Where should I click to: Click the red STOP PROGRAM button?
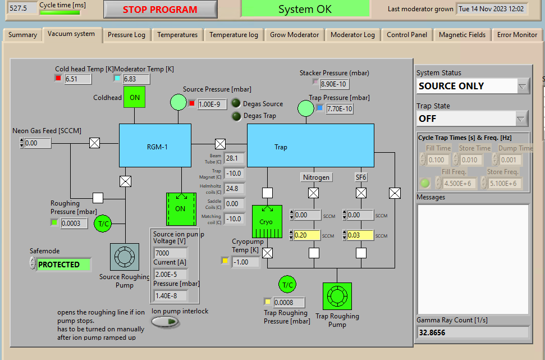[160, 10]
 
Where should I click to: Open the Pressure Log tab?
[126, 35]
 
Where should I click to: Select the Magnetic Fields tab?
[462, 35]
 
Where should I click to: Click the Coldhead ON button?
[135, 97]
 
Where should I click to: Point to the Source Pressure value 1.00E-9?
[212, 104]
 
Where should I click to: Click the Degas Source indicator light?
[236, 103]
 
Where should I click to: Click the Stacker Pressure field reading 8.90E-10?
[334, 84]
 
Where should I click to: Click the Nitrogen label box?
[316, 177]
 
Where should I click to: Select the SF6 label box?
[361, 177]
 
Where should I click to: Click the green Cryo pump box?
[267, 221]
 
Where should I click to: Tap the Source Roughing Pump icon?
[125, 257]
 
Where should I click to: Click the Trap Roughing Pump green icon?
[337, 296]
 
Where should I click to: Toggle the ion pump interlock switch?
[166, 322]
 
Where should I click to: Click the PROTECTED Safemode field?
[63, 265]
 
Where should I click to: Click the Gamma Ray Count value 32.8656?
[472, 332]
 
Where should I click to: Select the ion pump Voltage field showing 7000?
[170, 253]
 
